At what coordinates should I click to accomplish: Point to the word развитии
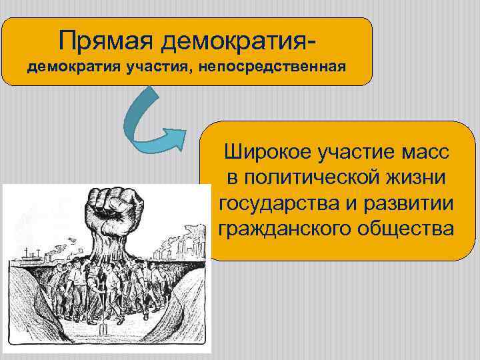pos(405,203)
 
